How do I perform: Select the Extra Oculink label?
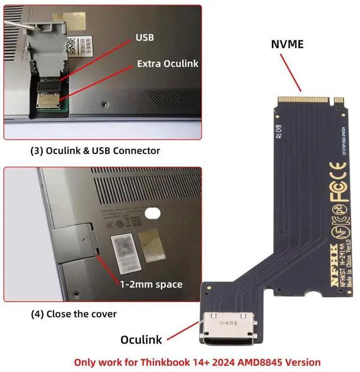(x=168, y=63)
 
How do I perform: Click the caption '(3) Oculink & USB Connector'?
(x=94, y=151)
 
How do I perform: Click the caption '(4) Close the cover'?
(x=73, y=314)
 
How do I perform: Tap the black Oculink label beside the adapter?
(x=141, y=339)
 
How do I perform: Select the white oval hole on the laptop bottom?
(x=152, y=213)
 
